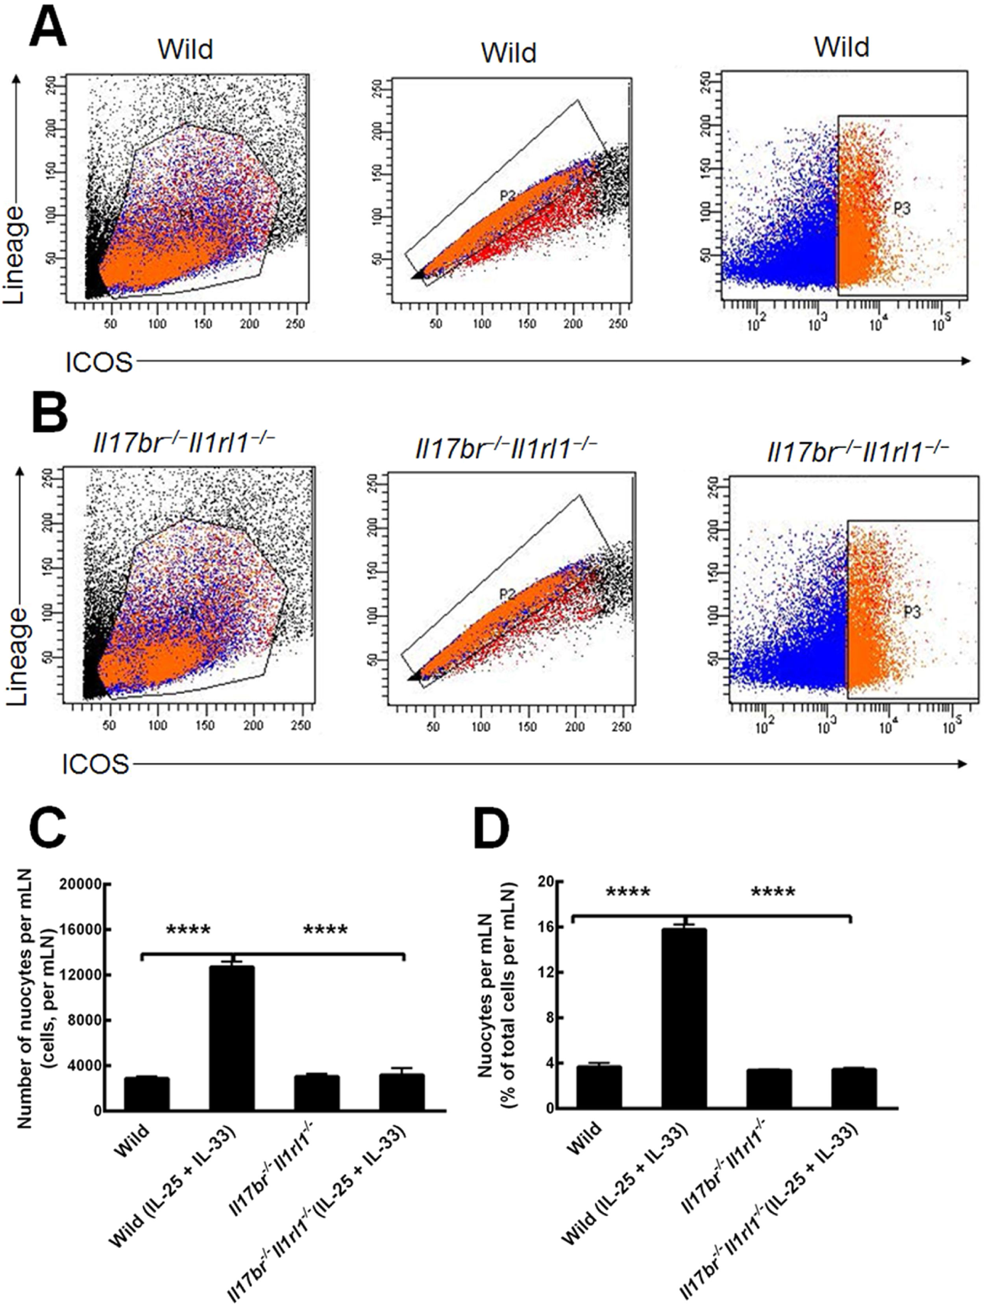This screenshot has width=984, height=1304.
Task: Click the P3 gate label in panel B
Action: point(912,613)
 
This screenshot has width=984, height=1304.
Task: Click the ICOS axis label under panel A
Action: point(98,363)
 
